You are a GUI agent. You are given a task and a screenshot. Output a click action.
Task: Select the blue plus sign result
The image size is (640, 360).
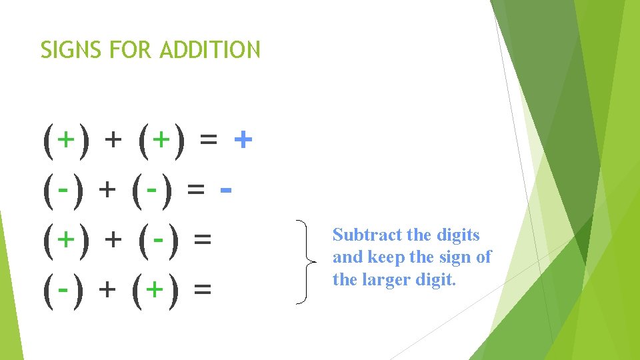click(x=244, y=140)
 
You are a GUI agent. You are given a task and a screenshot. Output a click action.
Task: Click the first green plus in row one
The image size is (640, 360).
click(x=65, y=140)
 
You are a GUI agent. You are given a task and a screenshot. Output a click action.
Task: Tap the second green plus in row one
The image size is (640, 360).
click(x=161, y=140)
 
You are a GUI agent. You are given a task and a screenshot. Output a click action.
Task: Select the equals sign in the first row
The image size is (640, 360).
click(x=208, y=140)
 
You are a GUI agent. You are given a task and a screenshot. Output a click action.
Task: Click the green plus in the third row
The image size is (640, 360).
click(x=65, y=239)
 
